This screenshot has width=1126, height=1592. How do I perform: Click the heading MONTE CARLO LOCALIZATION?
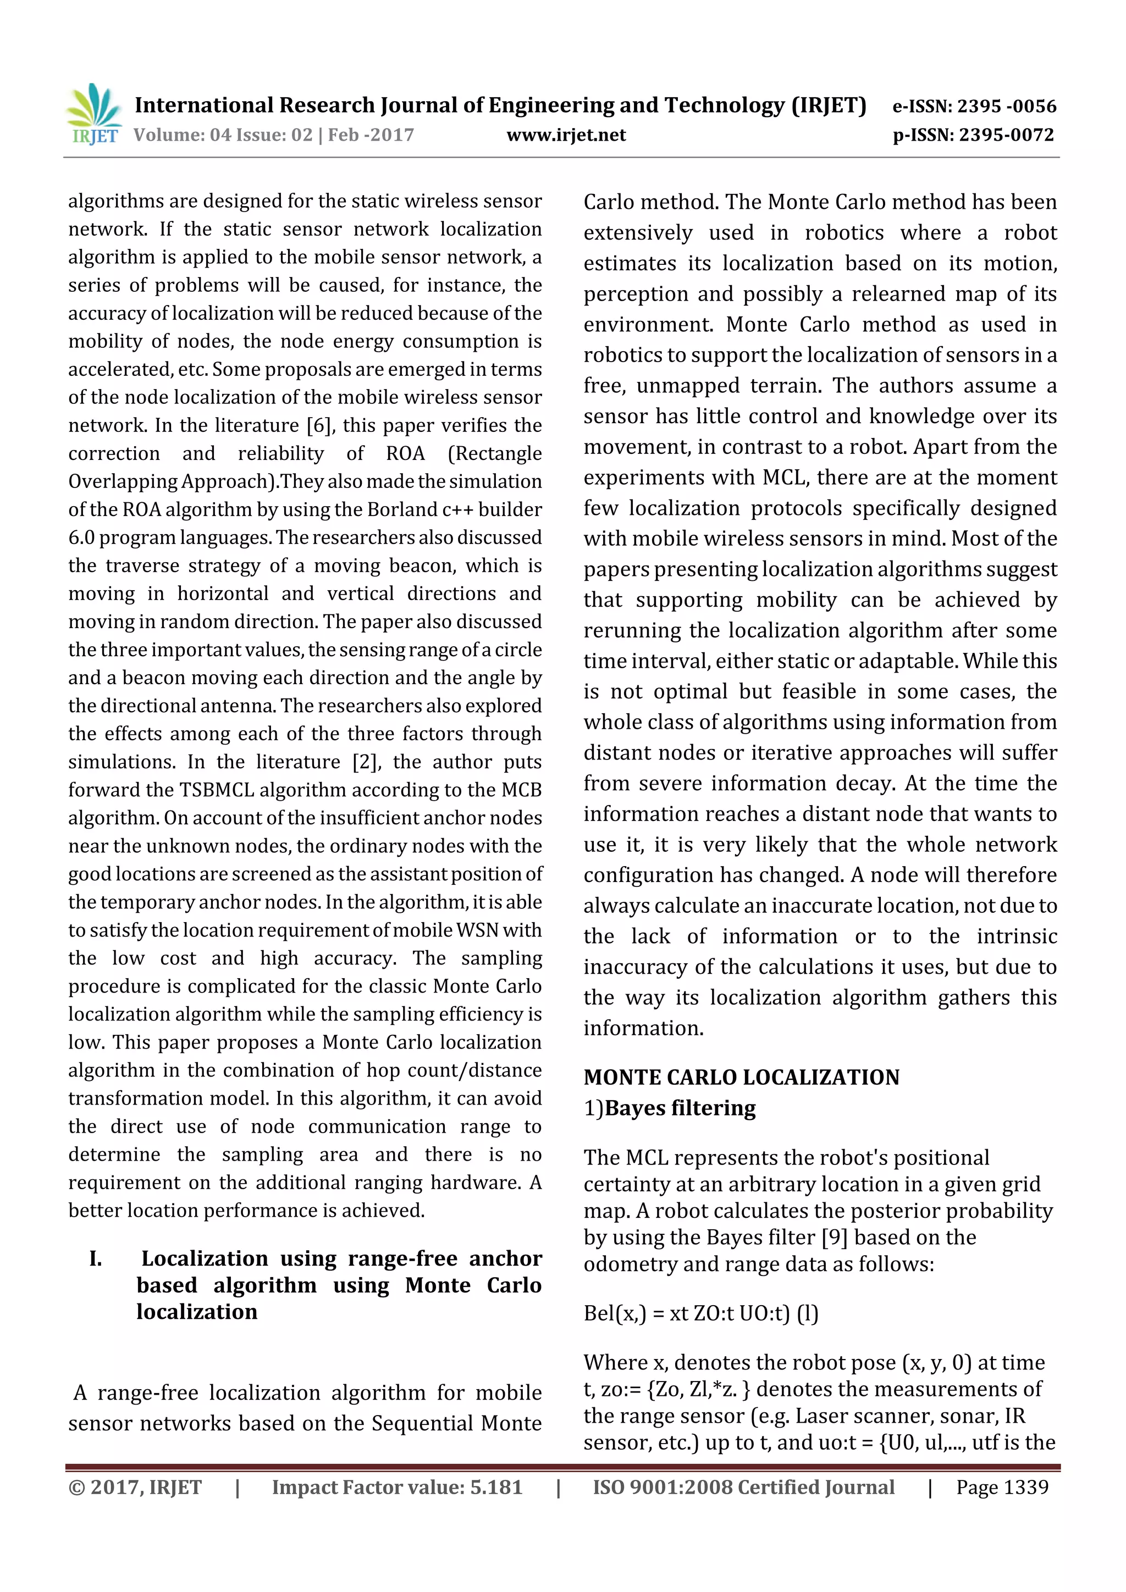(x=741, y=1077)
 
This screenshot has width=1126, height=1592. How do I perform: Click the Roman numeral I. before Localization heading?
(x=96, y=1258)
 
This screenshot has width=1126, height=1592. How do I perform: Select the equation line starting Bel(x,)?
(x=700, y=1313)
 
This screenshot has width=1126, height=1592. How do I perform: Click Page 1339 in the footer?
(x=1002, y=1486)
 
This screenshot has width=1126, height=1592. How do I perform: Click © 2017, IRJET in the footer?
(x=135, y=1486)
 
